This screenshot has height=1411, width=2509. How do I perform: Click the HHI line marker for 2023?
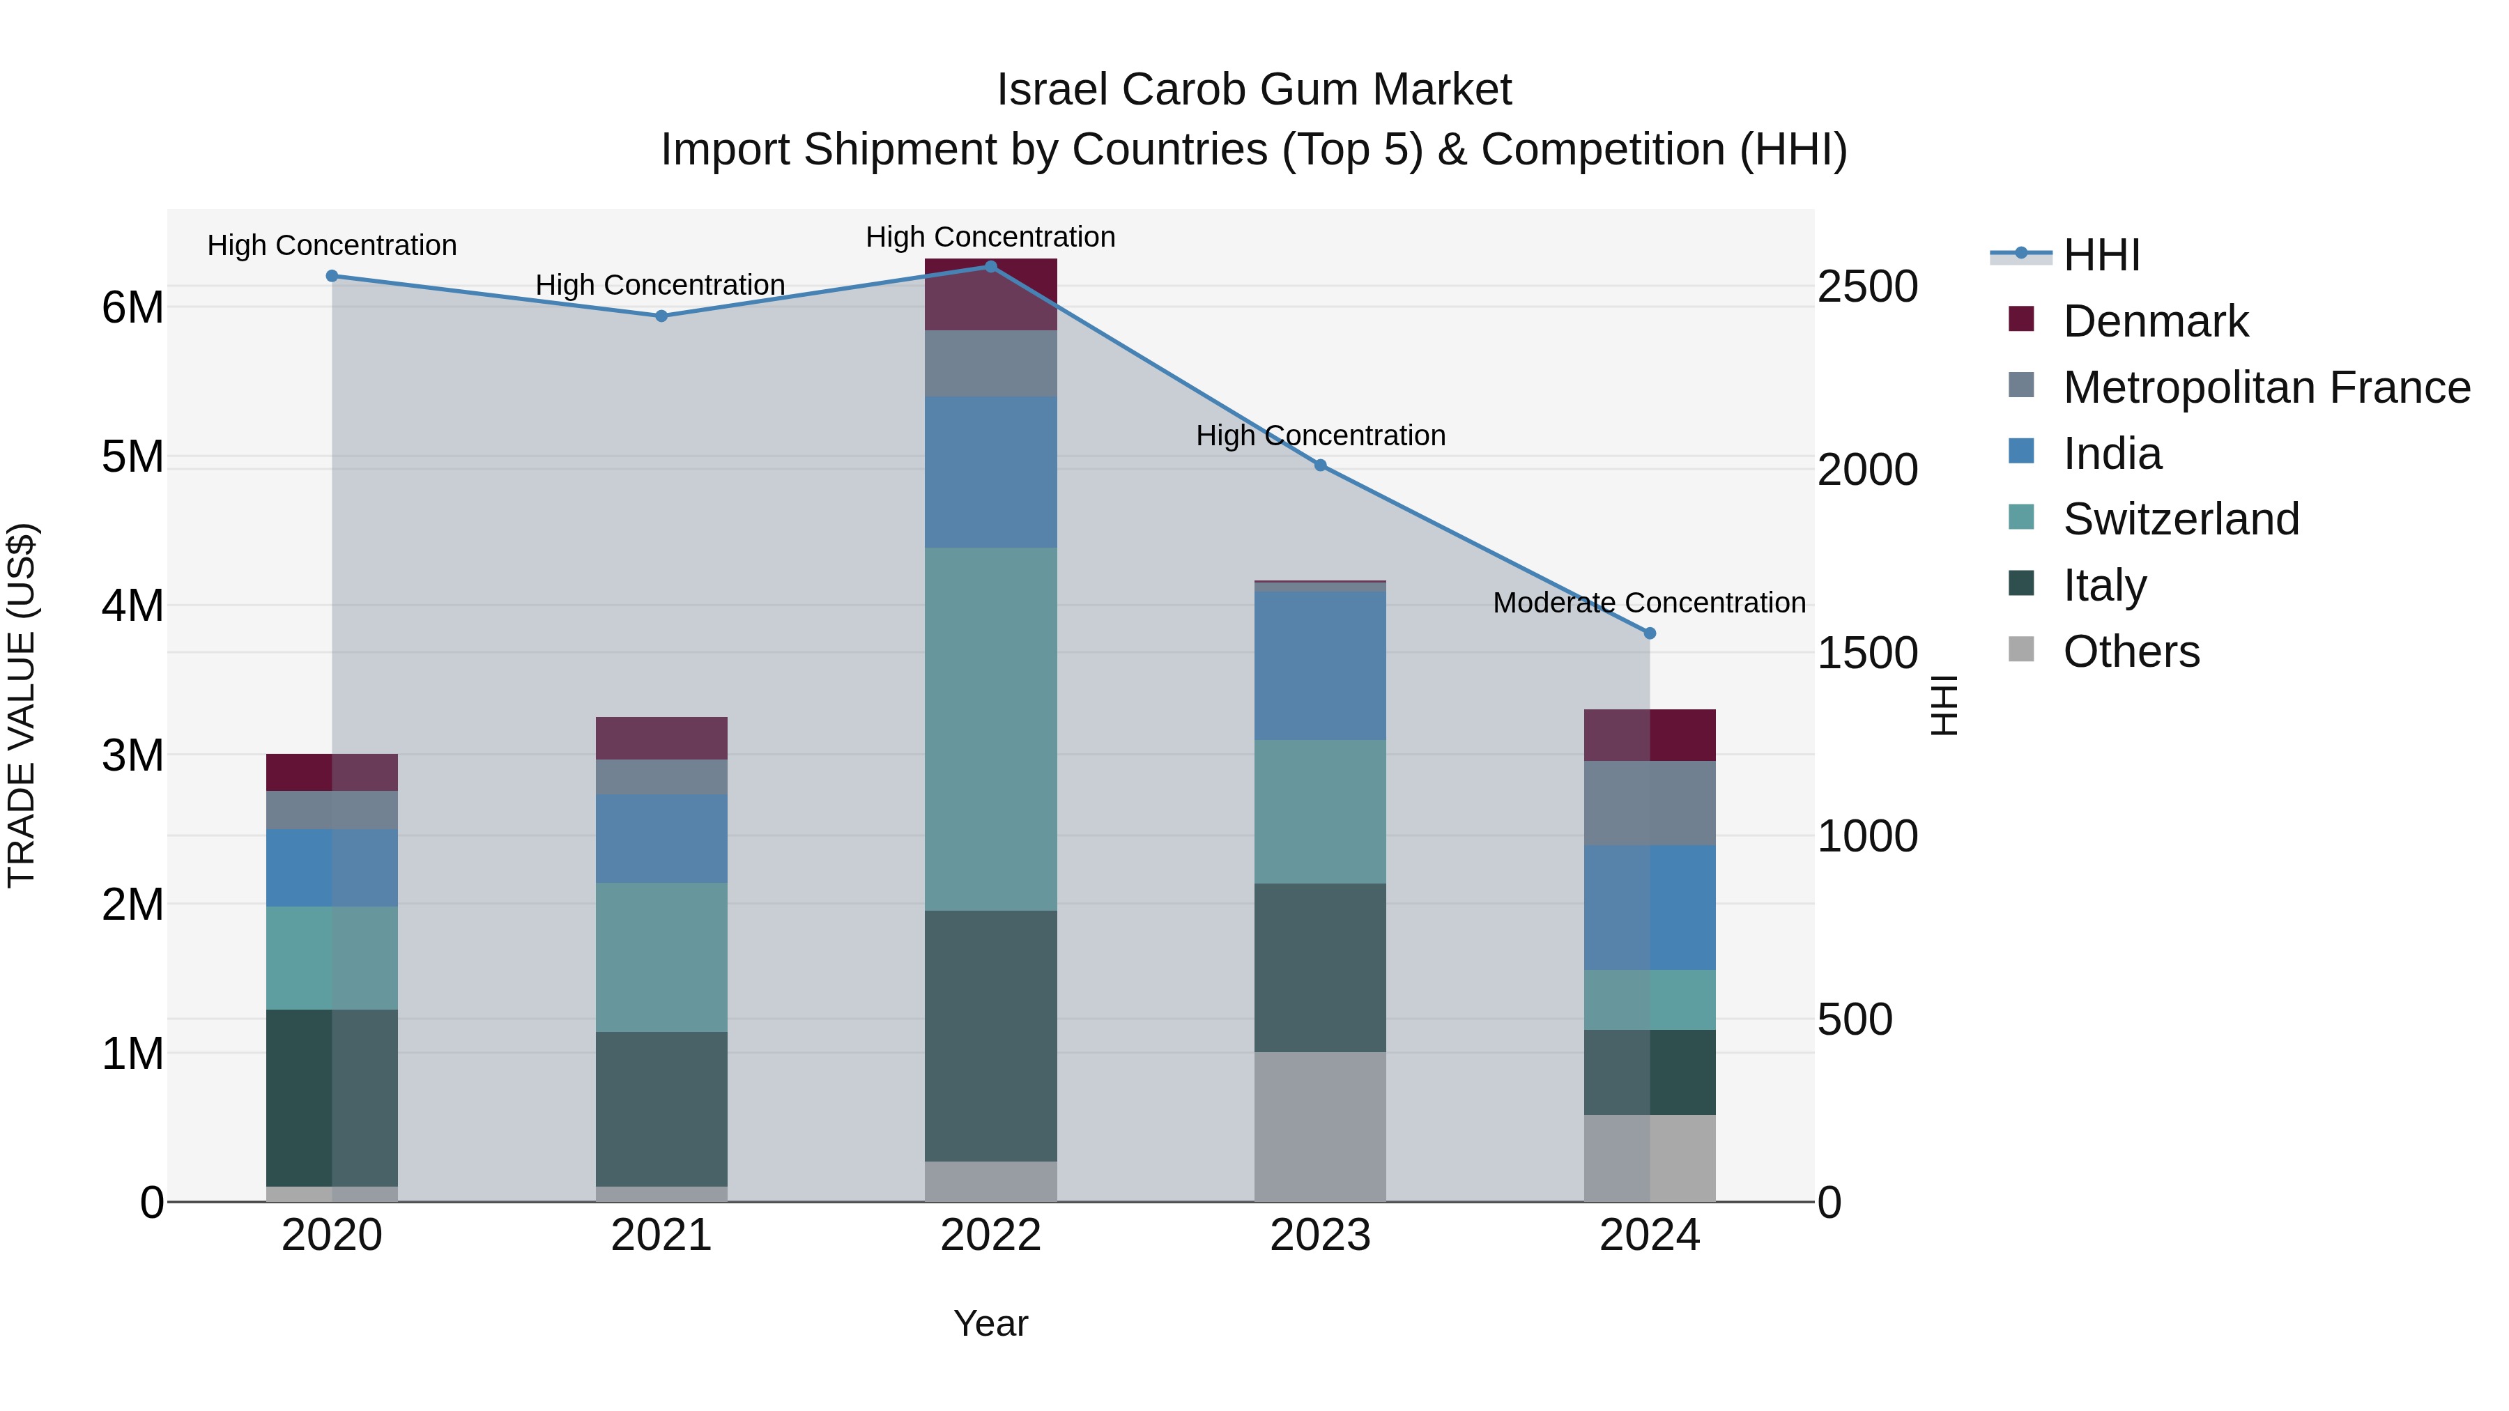pyautogui.click(x=1320, y=465)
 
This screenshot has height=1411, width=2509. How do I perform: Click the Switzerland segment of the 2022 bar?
pyautogui.click(x=990, y=728)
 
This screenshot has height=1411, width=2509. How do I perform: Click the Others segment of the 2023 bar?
pyautogui.click(x=1320, y=1126)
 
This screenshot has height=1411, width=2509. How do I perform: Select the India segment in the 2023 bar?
pyautogui.click(x=1320, y=665)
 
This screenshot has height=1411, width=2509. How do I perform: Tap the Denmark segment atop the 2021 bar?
pyautogui.click(x=661, y=738)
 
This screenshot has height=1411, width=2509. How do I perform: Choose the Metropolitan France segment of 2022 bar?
pyautogui.click(x=990, y=363)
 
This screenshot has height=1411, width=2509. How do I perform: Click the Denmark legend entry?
pyautogui.click(x=2154, y=321)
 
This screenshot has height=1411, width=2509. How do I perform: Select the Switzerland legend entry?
pyautogui.click(x=2180, y=519)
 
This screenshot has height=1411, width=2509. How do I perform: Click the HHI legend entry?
pyautogui.click(x=2101, y=255)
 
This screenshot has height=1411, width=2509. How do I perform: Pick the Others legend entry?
pyautogui.click(x=2130, y=651)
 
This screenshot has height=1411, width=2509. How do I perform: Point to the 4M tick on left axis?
pyautogui.click(x=132, y=606)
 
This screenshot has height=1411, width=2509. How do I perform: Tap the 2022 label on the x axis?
pyautogui.click(x=990, y=1235)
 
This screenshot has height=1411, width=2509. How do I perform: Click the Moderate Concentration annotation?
pyautogui.click(x=1649, y=603)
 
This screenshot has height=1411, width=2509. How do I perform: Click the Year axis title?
pyautogui.click(x=990, y=1323)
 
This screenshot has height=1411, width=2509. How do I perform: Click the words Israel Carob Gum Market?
pyautogui.click(x=1254, y=90)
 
